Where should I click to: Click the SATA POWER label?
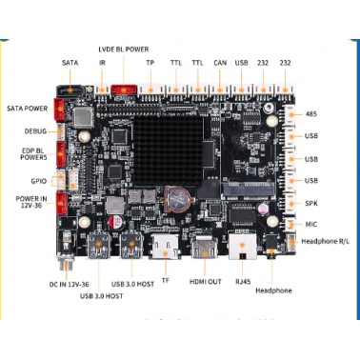coord(28,109)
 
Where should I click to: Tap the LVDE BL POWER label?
coord(124,50)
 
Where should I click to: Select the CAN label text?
coord(220,63)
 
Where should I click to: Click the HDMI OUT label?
coord(206,282)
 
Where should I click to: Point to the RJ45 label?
coord(243,282)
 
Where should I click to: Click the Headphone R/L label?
coord(326,241)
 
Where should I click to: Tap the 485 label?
coord(310,113)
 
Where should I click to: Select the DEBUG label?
coord(35,131)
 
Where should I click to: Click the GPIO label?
coord(39,181)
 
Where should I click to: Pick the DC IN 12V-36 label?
coord(69,284)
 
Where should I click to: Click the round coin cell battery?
coord(177,199)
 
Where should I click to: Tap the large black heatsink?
coord(168,150)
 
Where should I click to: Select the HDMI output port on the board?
coord(204,249)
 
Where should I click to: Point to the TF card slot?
coord(166,247)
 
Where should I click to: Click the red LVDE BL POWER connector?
coord(124,90)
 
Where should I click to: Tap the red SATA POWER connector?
coord(59,110)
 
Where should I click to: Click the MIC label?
coord(311,225)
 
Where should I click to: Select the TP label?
coord(150,63)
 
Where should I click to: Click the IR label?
coord(102,63)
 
